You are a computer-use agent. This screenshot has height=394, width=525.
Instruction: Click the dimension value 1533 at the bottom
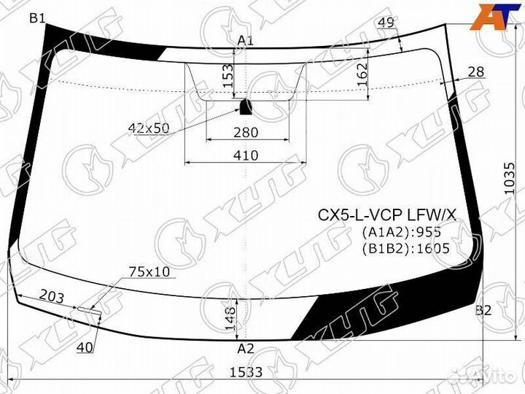[x=246, y=371]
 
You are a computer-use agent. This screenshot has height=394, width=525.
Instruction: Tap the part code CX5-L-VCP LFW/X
[x=386, y=215]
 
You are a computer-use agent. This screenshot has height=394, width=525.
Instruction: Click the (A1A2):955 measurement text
[x=402, y=233]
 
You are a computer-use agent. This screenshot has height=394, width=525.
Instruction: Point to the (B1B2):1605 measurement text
[x=405, y=248]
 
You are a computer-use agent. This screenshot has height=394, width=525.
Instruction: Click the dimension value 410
[x=246, y=155]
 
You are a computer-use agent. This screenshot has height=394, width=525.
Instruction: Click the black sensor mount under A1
[x=246, y=108]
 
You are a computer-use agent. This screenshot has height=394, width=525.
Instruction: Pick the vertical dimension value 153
[x=227, y=75]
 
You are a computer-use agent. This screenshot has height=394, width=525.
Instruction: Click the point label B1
[x=37, y=18]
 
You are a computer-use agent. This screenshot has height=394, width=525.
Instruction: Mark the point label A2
[x=246, y=348]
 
